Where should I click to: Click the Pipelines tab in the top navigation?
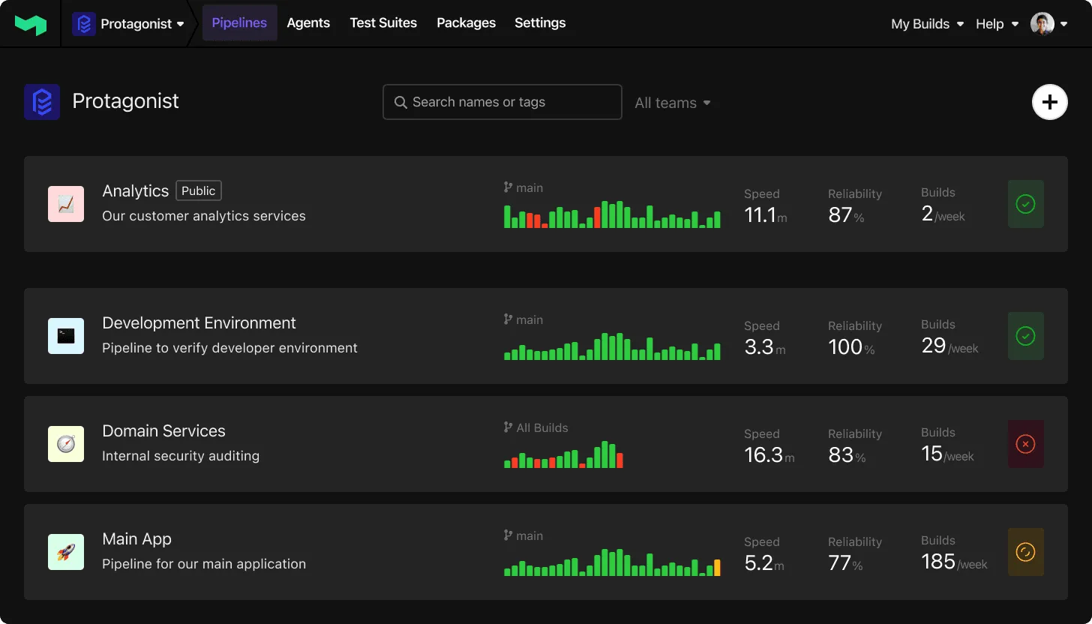(x=239, y=23)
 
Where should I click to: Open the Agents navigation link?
(x=308, y=23)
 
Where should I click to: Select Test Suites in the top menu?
(x=383, y=23)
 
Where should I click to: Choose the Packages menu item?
(x=466, y=23)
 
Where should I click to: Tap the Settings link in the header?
(x=540, y=23)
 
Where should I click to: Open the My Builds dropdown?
(x=927, y=24)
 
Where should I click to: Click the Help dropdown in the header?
(x=997, y=24)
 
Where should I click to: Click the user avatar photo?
(x=1042, y=24)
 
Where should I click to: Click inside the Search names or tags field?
(x=502, y=102)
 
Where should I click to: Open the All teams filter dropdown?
(x=672, y=103)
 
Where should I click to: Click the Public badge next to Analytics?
(x=199, y=190)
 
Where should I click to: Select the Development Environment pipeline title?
(x=199, y=323)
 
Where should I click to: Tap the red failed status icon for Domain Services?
(x=1025, y=444)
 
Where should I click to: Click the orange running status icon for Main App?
(x=1025, y=552)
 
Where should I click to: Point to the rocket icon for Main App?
(x=66, y=552)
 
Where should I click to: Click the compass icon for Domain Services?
(x=66, y=444)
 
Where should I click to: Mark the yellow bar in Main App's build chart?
(x=717, y=568)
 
